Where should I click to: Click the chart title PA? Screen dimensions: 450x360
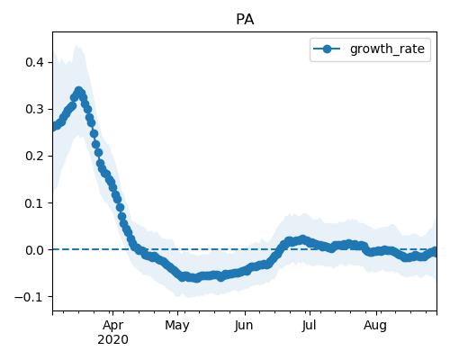pos(245,20)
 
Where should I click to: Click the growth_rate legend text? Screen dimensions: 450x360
pos(387,49)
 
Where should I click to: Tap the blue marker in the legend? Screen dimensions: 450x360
pos(327,49)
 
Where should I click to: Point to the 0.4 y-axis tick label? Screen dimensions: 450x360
pos(35,62)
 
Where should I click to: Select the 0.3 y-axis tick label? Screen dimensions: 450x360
pos(35,109)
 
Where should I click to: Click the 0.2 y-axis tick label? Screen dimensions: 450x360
pos(35,156)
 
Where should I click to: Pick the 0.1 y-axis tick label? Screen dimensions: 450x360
pos(35,203)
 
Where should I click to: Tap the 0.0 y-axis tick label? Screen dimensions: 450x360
pos(35,250)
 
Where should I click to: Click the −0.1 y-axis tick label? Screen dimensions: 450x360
pos(30,297)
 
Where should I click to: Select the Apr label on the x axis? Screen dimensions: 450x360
pos(112,325)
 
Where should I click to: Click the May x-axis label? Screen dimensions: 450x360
pos(177,325)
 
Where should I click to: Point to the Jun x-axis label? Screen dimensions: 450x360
pos(244,325)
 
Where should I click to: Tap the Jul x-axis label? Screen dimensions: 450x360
pos(309,325)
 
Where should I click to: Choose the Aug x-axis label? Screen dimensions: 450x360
pos(375,325)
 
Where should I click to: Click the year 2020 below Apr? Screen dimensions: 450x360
pos(112,339)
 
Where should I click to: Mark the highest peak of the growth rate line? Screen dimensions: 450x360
pos(79,91)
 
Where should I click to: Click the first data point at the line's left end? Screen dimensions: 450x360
pos(53,127)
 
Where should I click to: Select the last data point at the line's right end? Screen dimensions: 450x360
pos(434,251)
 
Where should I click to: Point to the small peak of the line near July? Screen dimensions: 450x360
pos(302,239)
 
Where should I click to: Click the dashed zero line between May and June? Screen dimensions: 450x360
pos(211,249)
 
